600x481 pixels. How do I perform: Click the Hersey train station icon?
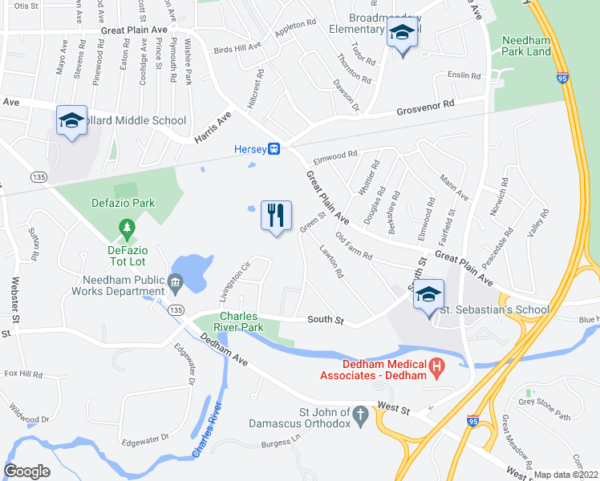274,148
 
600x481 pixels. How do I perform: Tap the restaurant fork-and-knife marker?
276,216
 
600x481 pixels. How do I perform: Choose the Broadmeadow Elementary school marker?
401,34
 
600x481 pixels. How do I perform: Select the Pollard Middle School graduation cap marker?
72,121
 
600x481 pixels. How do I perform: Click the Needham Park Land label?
526,46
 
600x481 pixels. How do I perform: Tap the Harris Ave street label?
213,127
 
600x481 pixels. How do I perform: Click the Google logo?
27,471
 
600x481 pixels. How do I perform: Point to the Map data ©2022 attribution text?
566,475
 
